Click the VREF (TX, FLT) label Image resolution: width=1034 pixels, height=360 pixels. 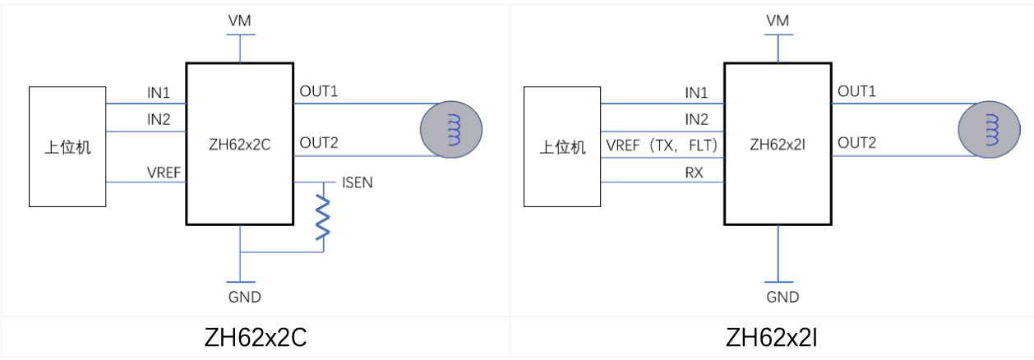(662, 145)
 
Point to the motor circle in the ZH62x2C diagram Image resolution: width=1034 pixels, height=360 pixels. (450, 129)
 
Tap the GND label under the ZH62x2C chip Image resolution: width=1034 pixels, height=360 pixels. (241, 298)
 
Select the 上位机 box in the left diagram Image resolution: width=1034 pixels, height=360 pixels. (67, 146)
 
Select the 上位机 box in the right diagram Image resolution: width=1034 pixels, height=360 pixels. (563, 146)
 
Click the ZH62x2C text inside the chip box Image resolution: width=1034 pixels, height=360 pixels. (239, 145)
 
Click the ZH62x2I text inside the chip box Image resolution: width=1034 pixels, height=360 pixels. (777, 145)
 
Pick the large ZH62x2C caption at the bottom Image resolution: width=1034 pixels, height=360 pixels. (255, 338)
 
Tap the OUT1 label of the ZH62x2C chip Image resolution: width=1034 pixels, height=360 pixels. (319, 90)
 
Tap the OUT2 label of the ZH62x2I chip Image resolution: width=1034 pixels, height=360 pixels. (856, 144)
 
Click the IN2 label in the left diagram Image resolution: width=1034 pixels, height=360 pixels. (159, 119)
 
